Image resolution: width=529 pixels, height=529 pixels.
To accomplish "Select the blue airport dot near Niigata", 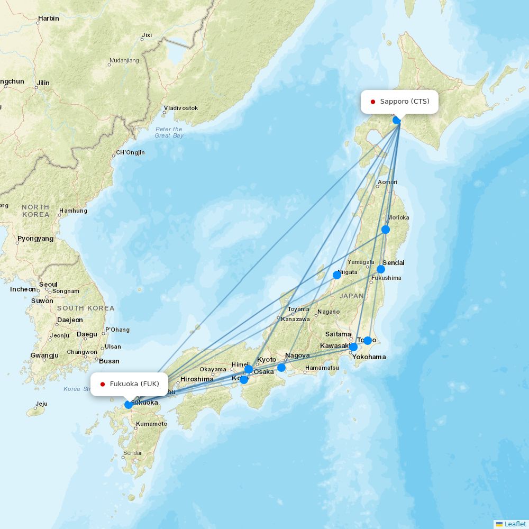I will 337,275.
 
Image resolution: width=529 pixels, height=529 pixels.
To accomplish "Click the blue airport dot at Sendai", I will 381,269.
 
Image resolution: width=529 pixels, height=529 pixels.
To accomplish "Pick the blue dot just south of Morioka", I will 386,230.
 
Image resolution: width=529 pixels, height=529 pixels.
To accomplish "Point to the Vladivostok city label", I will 181,108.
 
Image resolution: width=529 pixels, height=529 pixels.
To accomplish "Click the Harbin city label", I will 48,19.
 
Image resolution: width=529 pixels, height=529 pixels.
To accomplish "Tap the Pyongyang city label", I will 35,239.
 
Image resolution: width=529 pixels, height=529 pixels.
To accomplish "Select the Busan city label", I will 109,361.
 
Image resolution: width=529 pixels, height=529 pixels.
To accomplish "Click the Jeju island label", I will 41,404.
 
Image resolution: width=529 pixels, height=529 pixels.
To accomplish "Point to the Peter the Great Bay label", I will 169,132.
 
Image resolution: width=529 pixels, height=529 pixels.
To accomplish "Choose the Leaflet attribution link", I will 515,524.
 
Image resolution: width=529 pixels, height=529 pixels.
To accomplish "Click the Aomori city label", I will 387,183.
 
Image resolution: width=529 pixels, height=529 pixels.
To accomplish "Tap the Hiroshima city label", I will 197,379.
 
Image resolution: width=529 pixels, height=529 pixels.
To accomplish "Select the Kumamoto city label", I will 151,424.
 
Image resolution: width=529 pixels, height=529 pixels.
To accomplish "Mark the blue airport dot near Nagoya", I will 281,368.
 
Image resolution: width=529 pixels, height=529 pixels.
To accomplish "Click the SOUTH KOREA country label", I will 86,308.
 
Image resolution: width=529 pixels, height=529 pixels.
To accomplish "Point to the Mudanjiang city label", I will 124,60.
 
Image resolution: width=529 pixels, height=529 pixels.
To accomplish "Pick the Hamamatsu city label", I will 322,368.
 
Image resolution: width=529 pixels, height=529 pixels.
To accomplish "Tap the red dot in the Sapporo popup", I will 373,102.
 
